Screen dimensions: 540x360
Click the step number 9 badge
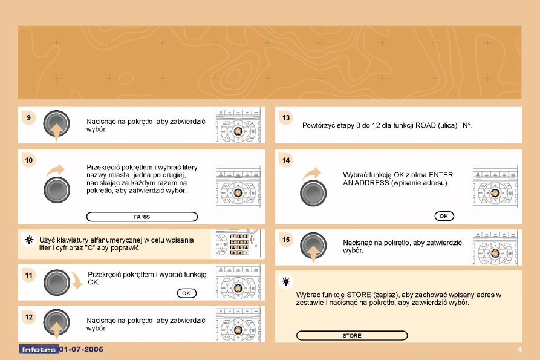click(28, 118)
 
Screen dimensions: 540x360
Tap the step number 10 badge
click(29, 160)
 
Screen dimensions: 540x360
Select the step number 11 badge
click(29, 275)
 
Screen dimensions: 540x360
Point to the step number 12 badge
click(29, 317)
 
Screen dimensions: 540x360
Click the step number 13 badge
click(286, 118)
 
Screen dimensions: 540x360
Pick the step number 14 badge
click(286, 160)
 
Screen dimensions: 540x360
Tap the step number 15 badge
click(286, 240)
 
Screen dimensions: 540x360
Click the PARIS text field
click(142, 217)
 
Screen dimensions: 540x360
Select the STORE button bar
click(352, 336)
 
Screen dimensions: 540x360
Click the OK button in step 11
click(187, 293)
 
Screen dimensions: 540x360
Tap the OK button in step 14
click(444, 216)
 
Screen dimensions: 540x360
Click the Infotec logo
click(39, 349)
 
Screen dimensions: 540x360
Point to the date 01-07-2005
click(81, 349)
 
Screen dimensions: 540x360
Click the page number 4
click(519, 350)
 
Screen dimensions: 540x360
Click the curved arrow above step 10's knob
click(56, 169)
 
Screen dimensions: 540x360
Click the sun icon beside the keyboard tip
click(29, 240)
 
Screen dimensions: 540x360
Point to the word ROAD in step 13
click(425, 125)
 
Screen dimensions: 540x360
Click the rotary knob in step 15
click(313, 245)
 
